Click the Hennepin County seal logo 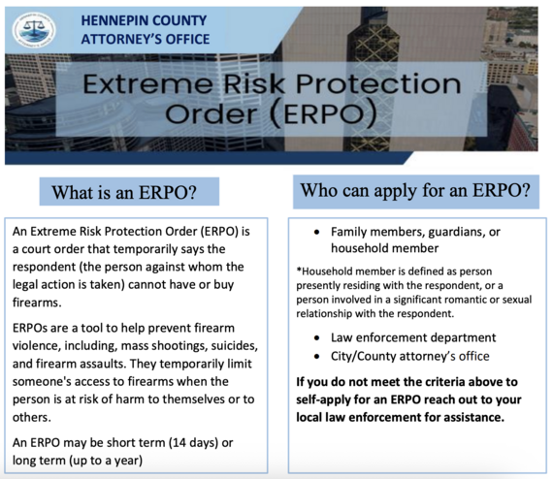33,30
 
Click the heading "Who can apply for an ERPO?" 416,191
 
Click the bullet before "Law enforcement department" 319,337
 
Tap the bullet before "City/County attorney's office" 319,357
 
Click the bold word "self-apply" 327,399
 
